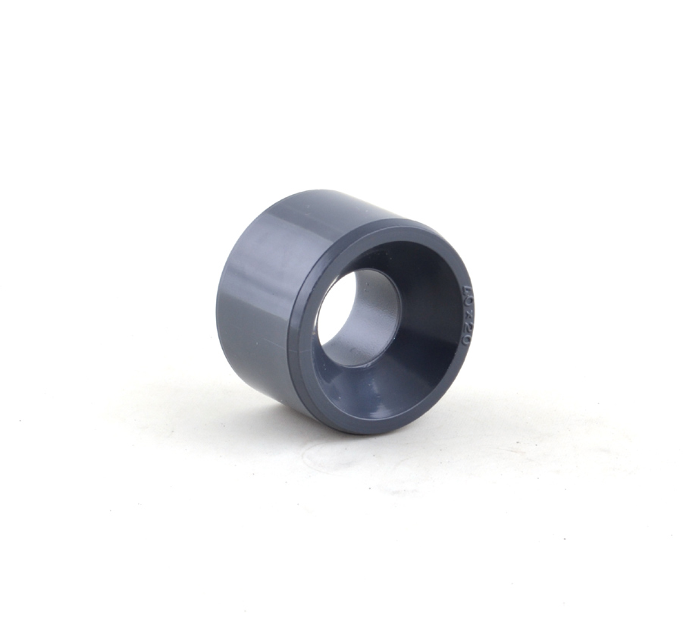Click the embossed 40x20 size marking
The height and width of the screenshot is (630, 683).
point(467,316)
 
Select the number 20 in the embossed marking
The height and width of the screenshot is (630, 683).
point(466,333)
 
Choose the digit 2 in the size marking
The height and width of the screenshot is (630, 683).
point(468,327)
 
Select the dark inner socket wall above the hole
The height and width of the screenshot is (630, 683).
point(402,265)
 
